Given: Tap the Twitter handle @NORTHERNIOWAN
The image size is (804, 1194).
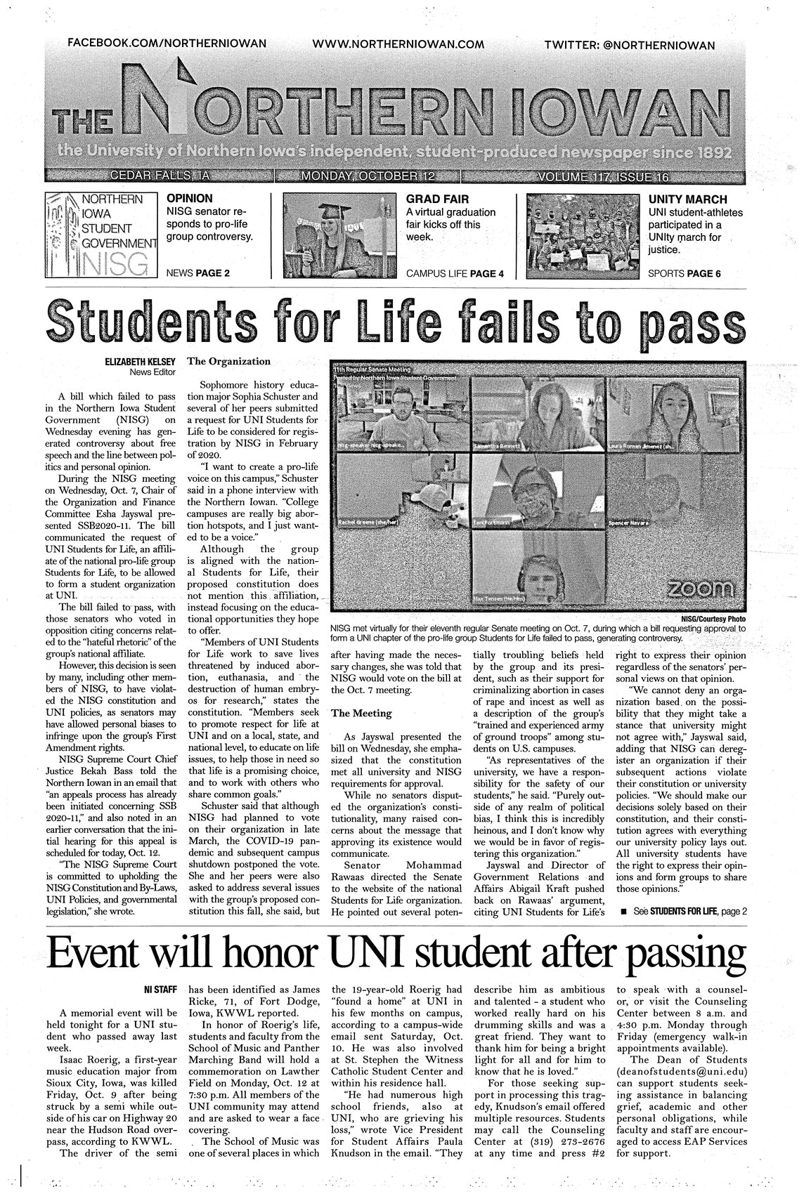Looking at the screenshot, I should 630,45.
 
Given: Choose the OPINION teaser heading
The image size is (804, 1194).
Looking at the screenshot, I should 189,199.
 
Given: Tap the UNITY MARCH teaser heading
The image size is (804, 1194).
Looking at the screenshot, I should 687,199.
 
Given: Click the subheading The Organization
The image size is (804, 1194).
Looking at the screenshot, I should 228,362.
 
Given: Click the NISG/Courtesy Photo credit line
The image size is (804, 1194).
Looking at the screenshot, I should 713,619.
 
